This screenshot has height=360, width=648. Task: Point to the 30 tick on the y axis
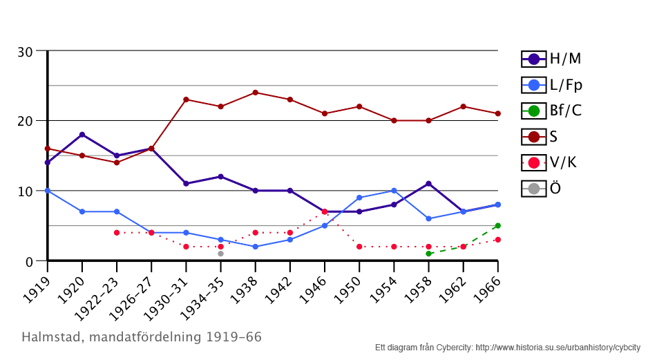click(x=26, y=51)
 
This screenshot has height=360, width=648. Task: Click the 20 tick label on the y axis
click(x=26, y=121)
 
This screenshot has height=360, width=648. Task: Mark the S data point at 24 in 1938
click(x=255, y=93)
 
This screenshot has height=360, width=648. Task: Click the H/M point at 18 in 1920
click(x=82, y=135)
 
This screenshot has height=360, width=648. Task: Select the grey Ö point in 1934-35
click(x=220, y=254)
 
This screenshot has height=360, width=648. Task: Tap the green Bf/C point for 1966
click(x=497, y=226)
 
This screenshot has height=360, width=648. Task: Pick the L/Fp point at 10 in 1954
click(x=394, y=191)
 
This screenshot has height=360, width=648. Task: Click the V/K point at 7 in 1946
click(x=324, y=211)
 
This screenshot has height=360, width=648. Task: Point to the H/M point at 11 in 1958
click(x=428, y=184)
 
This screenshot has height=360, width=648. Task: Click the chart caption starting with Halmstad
click(x=142, y=337)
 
